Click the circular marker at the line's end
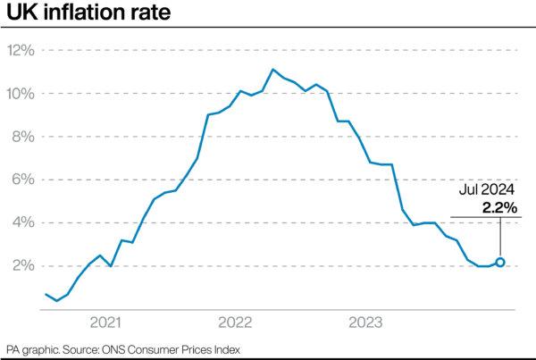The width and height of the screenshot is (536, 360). click(500, 262)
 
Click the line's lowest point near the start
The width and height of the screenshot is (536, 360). click(57, 300)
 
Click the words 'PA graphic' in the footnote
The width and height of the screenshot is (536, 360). click(32, 349)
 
